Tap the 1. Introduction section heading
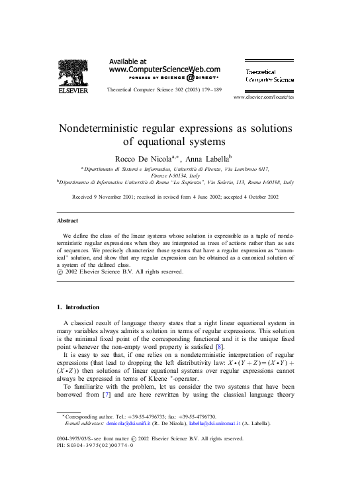coord(78,307)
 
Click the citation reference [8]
coord(239,346)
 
